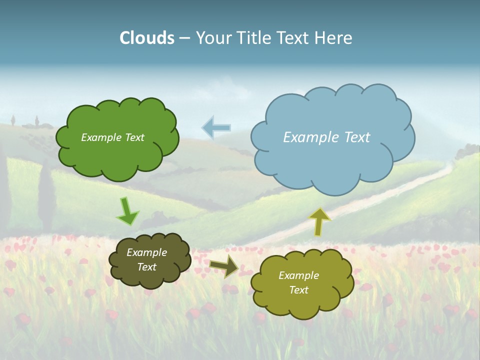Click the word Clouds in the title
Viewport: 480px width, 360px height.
click(147, 38)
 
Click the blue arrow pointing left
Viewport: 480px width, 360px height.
click(216, 127)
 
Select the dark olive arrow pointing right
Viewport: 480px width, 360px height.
click(224, 266)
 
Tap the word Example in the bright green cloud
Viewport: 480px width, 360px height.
click(100, 137)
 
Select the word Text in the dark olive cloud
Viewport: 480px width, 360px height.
click(147, 267)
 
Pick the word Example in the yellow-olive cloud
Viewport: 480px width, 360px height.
click(298, 275)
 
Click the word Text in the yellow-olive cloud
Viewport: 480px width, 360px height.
click(298, 290)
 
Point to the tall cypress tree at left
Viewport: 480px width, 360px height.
click(45, 192)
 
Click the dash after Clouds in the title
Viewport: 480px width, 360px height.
click(184, 38)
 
